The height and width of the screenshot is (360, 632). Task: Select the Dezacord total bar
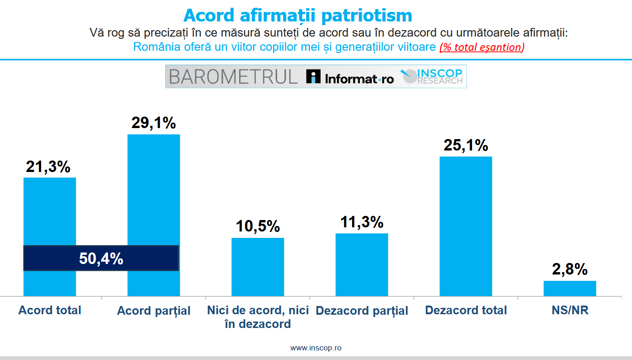[466, 226]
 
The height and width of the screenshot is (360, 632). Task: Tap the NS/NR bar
[570, 288]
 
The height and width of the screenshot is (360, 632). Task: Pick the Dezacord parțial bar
[362, 265]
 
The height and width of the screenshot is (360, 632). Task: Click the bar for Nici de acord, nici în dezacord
[258, 267]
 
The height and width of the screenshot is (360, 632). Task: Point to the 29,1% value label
[154, 123]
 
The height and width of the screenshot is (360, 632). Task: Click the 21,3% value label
[48, 167]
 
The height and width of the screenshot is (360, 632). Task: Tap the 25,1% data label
[466, 145]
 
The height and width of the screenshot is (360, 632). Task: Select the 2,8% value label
[570, 269]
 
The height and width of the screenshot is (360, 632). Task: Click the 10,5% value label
[258, 226]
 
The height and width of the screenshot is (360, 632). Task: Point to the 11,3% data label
[362, 222]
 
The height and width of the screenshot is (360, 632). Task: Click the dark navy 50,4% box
[101, 258]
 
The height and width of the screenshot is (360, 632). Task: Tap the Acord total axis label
[50, 310]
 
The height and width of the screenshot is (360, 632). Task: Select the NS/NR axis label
[570, 310]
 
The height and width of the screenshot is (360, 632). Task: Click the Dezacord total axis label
[466, 310]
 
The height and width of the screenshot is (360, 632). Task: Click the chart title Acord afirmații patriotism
[298, 15]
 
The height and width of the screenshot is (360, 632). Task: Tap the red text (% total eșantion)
[482, 47]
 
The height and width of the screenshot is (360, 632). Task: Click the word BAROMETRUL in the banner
[233, 77]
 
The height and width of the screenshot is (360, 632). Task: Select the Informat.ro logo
[350, 77]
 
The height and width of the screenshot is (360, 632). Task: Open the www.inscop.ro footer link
[316, 348]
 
